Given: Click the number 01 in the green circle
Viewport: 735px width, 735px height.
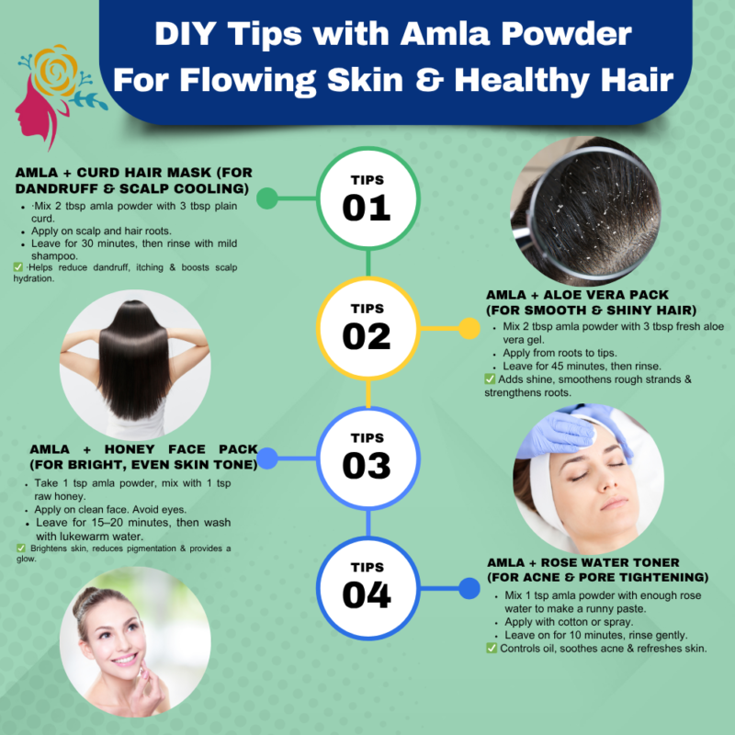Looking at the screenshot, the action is tap(366, 209).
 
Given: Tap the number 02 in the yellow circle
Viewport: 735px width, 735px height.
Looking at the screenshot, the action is tap(366, 336).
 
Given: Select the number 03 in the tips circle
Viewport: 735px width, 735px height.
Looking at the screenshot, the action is tap(366, 466).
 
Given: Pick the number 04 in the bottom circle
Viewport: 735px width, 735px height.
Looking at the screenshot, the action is tap(366, 594).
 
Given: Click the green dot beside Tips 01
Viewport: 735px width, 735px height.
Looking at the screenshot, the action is tap(267, 198).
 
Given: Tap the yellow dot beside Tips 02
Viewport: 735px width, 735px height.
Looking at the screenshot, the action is tap(469, 328).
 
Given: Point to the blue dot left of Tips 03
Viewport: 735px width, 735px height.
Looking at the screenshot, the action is tap(267, 458).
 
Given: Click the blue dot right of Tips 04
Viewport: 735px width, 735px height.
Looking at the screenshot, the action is tap(469, 588).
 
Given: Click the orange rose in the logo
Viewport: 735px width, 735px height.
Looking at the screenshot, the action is tap(55, 71).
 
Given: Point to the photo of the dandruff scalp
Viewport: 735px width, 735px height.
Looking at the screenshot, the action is tap(585, 211).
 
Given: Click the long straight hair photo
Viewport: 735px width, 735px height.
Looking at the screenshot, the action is tap(135, 365).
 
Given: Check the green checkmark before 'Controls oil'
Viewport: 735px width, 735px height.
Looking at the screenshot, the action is tap(492, 649).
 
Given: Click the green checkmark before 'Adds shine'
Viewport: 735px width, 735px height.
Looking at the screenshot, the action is tap(490, 379).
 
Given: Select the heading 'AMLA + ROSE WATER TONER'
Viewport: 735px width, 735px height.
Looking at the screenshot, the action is tap(583, 562).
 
